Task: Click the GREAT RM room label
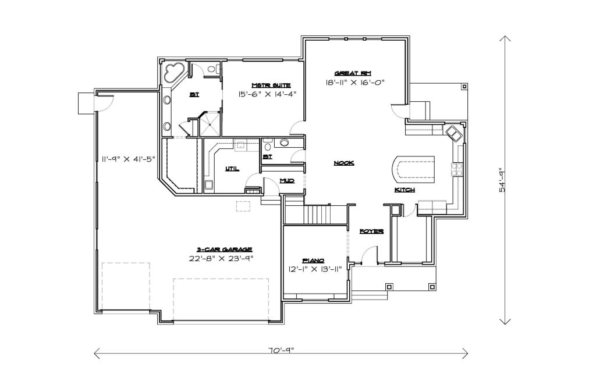coord(352,73)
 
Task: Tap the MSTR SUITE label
coord(271,85)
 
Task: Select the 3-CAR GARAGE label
coord(224,249)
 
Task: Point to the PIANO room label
coord(313,261)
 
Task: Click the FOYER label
coord(371,231)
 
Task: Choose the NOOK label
coord(343,163)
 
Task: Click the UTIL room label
coord(232,168)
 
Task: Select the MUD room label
coord(287,181)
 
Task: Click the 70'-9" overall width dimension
coord(281,351)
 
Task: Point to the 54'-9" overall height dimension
coord(502,180)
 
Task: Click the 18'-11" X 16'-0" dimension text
coord(355,82)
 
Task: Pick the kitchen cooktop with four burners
coord(456,169)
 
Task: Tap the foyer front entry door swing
coord(368,254)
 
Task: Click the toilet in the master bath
coord(214,69)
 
